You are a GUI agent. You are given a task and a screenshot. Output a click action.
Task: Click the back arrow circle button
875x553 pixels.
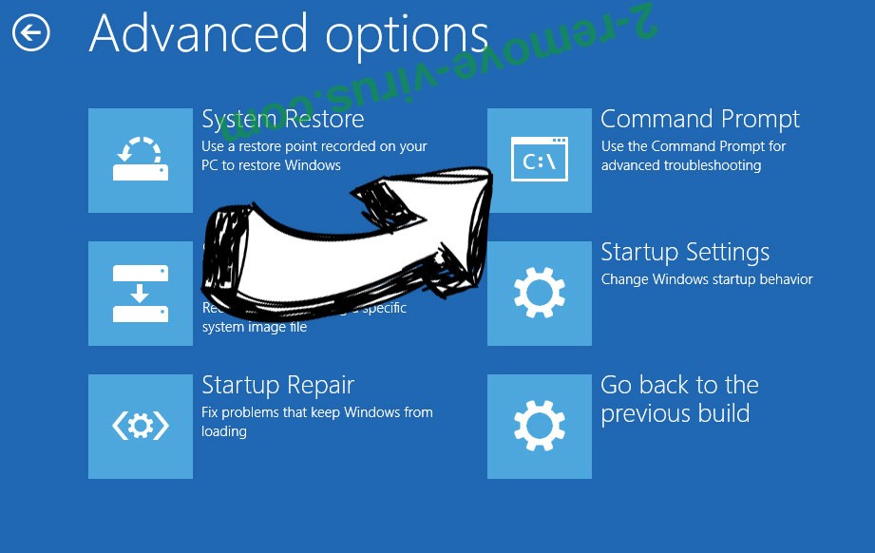pos(31,34)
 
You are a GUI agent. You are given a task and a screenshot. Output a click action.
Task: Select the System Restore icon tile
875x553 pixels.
pos(141,161)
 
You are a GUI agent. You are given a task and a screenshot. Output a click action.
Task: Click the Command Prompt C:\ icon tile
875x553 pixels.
pos(540,161)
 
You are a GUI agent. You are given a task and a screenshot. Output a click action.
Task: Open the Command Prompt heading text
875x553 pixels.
pos(699,119)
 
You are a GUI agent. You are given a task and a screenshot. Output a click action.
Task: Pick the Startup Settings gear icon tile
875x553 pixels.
pos(540,294)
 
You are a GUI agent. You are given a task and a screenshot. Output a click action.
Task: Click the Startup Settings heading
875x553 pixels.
pos(685,253)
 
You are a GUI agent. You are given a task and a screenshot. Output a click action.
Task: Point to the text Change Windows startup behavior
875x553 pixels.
pos(707,279)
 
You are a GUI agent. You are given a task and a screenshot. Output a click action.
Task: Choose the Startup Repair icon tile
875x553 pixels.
pos(141,427)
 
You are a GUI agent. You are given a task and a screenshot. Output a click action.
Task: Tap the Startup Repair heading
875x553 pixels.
pos(277,385)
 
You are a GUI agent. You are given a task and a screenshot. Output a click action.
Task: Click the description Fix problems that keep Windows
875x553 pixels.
pos(316,412)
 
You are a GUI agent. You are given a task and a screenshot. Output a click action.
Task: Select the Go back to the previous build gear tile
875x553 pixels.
pos(540,427)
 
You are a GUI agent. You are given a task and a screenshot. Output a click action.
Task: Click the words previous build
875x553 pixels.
pos(675,414)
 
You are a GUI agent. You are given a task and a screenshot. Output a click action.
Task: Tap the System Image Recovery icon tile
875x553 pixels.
pos(141,294)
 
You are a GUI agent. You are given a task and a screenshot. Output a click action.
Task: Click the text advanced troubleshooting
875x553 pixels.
pos(680,165)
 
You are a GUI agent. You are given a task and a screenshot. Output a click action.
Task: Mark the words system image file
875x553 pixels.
pos(255,327)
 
